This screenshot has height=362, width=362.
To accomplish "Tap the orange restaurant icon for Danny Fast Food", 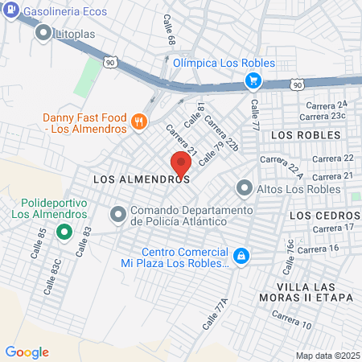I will tap(139, 121).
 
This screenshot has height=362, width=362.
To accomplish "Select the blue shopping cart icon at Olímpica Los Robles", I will tap(253, 80).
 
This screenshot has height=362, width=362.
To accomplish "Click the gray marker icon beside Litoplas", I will tap(43, 35).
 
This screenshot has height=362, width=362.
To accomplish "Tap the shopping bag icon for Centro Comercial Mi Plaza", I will tap(241, 257).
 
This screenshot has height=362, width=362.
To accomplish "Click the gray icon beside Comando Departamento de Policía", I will tap(118, 215).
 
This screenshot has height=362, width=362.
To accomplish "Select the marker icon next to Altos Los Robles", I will tap(244, 189).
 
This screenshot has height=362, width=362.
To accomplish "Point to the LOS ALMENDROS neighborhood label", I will tap(142, 180).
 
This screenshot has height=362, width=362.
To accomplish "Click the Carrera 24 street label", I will tap(326, 105).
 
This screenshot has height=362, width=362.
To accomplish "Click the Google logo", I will tap(27, 352).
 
